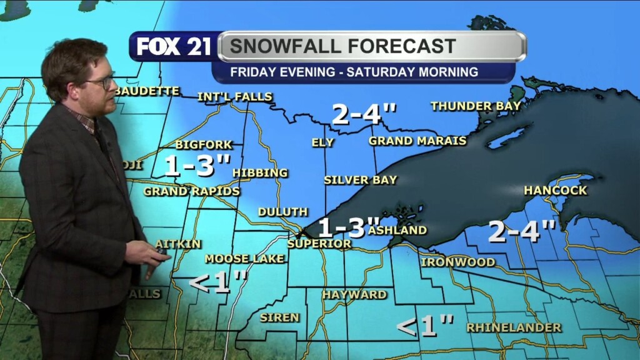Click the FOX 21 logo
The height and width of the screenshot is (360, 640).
pyautogui.click(x=174, y=47)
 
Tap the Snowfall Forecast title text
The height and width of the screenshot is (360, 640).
pyautogui.click(x=343, y=46)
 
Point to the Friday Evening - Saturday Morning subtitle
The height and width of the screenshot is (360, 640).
pyautogui.click(x=354, y=72)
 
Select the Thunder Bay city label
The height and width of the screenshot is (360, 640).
pyautogui.click(x=476, y=106)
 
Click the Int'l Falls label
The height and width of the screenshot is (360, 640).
pyautogui.click(x=234, y=97)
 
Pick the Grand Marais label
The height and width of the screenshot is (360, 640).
pyautogui.click(x=417, y=141)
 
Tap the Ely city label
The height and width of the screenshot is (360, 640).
pyautogui.click(x=322, y=142)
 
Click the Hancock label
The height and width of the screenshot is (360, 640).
pyautogui.click(x=556, y=190)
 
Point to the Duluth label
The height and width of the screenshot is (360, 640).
pyautogui.click(x=282, y=212)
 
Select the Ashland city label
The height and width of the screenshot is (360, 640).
pyautogui.click(x=397, y=230)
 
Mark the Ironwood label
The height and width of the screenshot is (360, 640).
pyautogui.click(x=457, y=262)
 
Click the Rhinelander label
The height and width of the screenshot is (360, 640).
pyautogui.click(x=514, y=327)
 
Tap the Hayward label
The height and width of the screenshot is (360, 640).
pyautogui.click(x=354, y=294)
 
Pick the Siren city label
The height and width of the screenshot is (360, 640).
pyautogui.click(x=279, y=317)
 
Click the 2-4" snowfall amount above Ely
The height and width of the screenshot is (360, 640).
pyautogui.click(x=364, y=114)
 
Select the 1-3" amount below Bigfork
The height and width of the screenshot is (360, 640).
pyautogui.click(x=197, y=166)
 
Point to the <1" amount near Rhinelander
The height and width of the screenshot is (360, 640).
pyautogui.click(x=425, y=326)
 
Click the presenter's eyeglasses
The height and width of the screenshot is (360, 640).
pyautogui.click(x=101, y=82)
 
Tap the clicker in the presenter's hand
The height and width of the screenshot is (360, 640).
pyautogui.click(x=162, y=251)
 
